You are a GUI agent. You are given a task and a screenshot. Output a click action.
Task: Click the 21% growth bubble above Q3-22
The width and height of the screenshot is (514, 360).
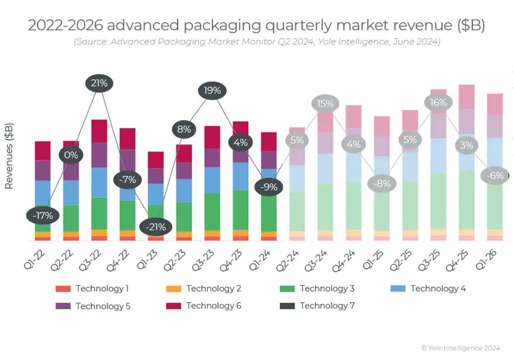[99, 83]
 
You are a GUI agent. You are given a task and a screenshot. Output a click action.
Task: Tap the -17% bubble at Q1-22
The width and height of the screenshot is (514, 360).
[43, 215]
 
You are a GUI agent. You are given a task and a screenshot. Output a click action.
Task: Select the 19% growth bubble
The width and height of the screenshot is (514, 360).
[212, 91]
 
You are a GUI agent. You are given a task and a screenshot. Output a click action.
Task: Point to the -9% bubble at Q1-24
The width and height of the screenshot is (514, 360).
[269, 187]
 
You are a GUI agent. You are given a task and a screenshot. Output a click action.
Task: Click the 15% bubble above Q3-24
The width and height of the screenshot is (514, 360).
[325, 104]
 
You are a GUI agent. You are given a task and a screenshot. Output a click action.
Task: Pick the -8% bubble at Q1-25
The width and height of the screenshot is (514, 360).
[382, 183]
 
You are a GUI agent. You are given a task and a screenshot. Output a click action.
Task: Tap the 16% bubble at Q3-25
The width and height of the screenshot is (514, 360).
[438, 103]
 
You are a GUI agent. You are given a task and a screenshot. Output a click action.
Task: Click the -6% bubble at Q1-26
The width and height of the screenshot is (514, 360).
[495, 175]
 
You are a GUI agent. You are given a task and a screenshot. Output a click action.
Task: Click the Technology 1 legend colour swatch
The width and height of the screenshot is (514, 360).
[62, 289]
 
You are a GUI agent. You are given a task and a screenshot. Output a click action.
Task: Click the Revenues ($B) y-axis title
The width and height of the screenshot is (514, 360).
[9, 156]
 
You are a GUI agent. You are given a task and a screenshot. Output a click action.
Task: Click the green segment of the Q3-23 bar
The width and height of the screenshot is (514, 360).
[212, 211]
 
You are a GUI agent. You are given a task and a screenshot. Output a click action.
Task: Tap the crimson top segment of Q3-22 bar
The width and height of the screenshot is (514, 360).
[99, 131]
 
